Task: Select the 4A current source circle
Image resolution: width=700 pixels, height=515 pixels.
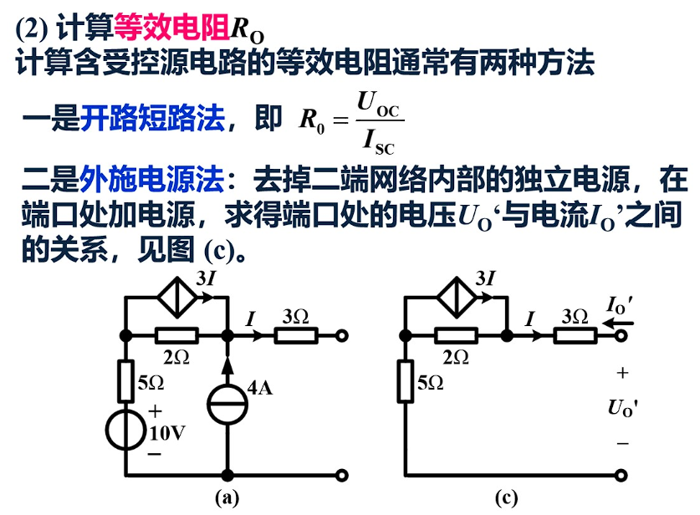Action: tap(227, 401)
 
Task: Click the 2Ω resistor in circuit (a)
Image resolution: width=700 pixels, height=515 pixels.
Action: tap(176, 336)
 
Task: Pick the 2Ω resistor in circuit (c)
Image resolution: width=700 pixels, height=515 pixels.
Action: tap(456, 336)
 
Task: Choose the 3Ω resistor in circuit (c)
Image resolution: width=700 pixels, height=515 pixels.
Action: tap(576, 336)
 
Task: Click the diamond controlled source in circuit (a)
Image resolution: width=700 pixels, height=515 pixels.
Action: tap(176, 298)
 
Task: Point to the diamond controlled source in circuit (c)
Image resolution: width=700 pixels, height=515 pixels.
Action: tap(457, 298)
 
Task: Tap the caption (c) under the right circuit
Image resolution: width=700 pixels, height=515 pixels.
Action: tap(506, 498)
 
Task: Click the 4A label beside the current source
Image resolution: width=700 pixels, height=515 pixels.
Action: tap(261, 388)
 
